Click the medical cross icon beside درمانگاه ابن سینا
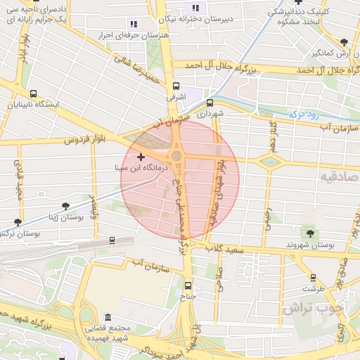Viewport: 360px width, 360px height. pyautogui.click(x=141, y=156)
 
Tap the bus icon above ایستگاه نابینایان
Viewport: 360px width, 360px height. pyautogui.click(x=34, y=94)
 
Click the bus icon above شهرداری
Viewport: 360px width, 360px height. pyautogui.click(x=210, y=103)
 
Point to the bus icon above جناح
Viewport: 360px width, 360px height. pyautogui.click(x=187, y=285)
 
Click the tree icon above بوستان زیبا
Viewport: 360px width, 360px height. pyautogui.click(x=65, y=206)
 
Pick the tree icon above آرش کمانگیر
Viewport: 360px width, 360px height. pyautogui.click(x=343, y=42)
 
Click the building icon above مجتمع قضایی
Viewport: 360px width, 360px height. pyautogui.click(x=107, y=318)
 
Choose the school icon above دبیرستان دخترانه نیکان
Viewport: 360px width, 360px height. pyautogui.click(x=195, y=8)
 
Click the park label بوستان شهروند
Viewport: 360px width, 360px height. pyautogui.click(x=309, y=245)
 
